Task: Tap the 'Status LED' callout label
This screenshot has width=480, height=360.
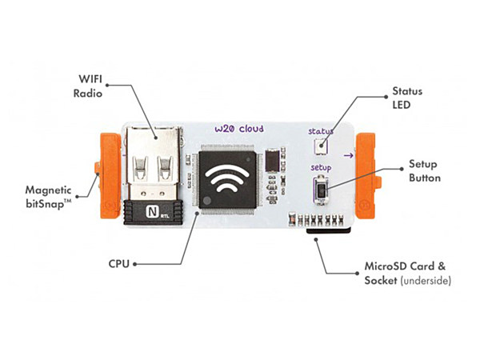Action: tap(406, 98)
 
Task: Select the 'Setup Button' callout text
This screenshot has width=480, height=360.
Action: tap(424, 170)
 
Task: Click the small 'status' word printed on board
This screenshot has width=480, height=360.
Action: tap(321, 131)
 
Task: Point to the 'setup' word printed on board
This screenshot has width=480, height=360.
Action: tap(321, 167)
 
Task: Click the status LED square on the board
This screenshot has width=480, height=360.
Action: tap(321, 146)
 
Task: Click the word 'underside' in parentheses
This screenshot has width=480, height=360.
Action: tap(428, 282)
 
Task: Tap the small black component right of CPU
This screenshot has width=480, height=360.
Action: tap(274, 162)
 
